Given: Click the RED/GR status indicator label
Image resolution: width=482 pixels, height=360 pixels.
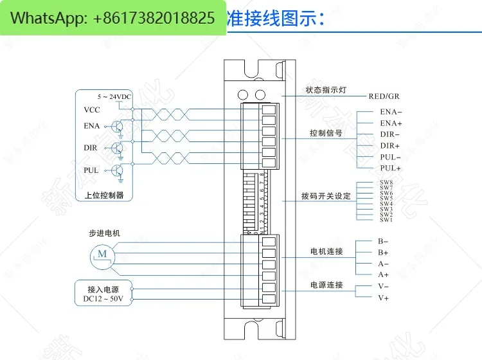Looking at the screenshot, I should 384,96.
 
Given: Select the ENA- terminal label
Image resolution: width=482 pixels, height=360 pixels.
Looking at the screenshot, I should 391,112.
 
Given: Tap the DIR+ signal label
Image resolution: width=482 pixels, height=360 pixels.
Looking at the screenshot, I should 390,146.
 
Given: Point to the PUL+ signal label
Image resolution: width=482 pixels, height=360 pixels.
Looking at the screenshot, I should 390,168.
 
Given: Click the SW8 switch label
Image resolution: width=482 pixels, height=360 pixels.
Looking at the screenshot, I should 386,183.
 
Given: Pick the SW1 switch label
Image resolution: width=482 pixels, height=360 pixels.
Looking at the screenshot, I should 386,220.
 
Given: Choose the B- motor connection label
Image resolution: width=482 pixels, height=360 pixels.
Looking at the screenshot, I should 383,241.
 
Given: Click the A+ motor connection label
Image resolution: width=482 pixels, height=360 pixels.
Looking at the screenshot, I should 383,274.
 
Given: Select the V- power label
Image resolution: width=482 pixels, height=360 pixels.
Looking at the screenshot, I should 383,286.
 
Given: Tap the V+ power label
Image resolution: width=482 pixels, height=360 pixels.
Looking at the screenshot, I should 383,298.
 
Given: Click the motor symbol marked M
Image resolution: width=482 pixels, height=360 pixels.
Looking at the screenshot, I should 103,254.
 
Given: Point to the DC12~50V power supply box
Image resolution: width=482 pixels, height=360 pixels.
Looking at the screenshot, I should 104,294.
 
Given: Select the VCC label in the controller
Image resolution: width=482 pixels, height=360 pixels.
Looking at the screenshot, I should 92,110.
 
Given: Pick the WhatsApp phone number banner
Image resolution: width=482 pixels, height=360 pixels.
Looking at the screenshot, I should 113,18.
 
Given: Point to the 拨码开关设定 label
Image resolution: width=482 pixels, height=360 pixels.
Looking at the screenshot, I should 326,195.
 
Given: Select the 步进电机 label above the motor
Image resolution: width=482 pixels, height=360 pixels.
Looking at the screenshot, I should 104,233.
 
